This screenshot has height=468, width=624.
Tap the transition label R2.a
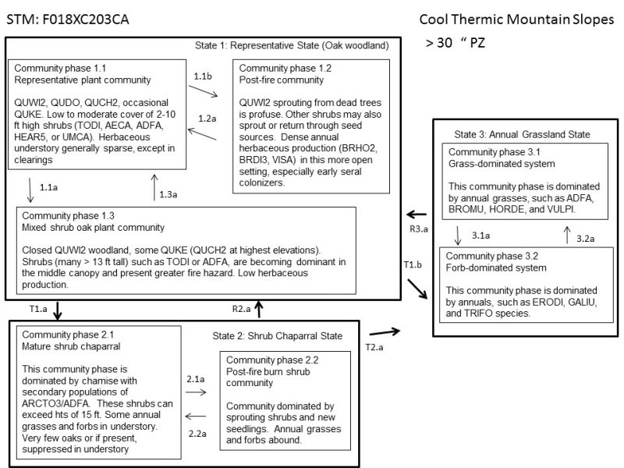coord(243,309)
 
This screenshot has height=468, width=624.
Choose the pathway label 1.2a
coord(205,118)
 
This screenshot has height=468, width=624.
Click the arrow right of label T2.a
coord(391,332)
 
